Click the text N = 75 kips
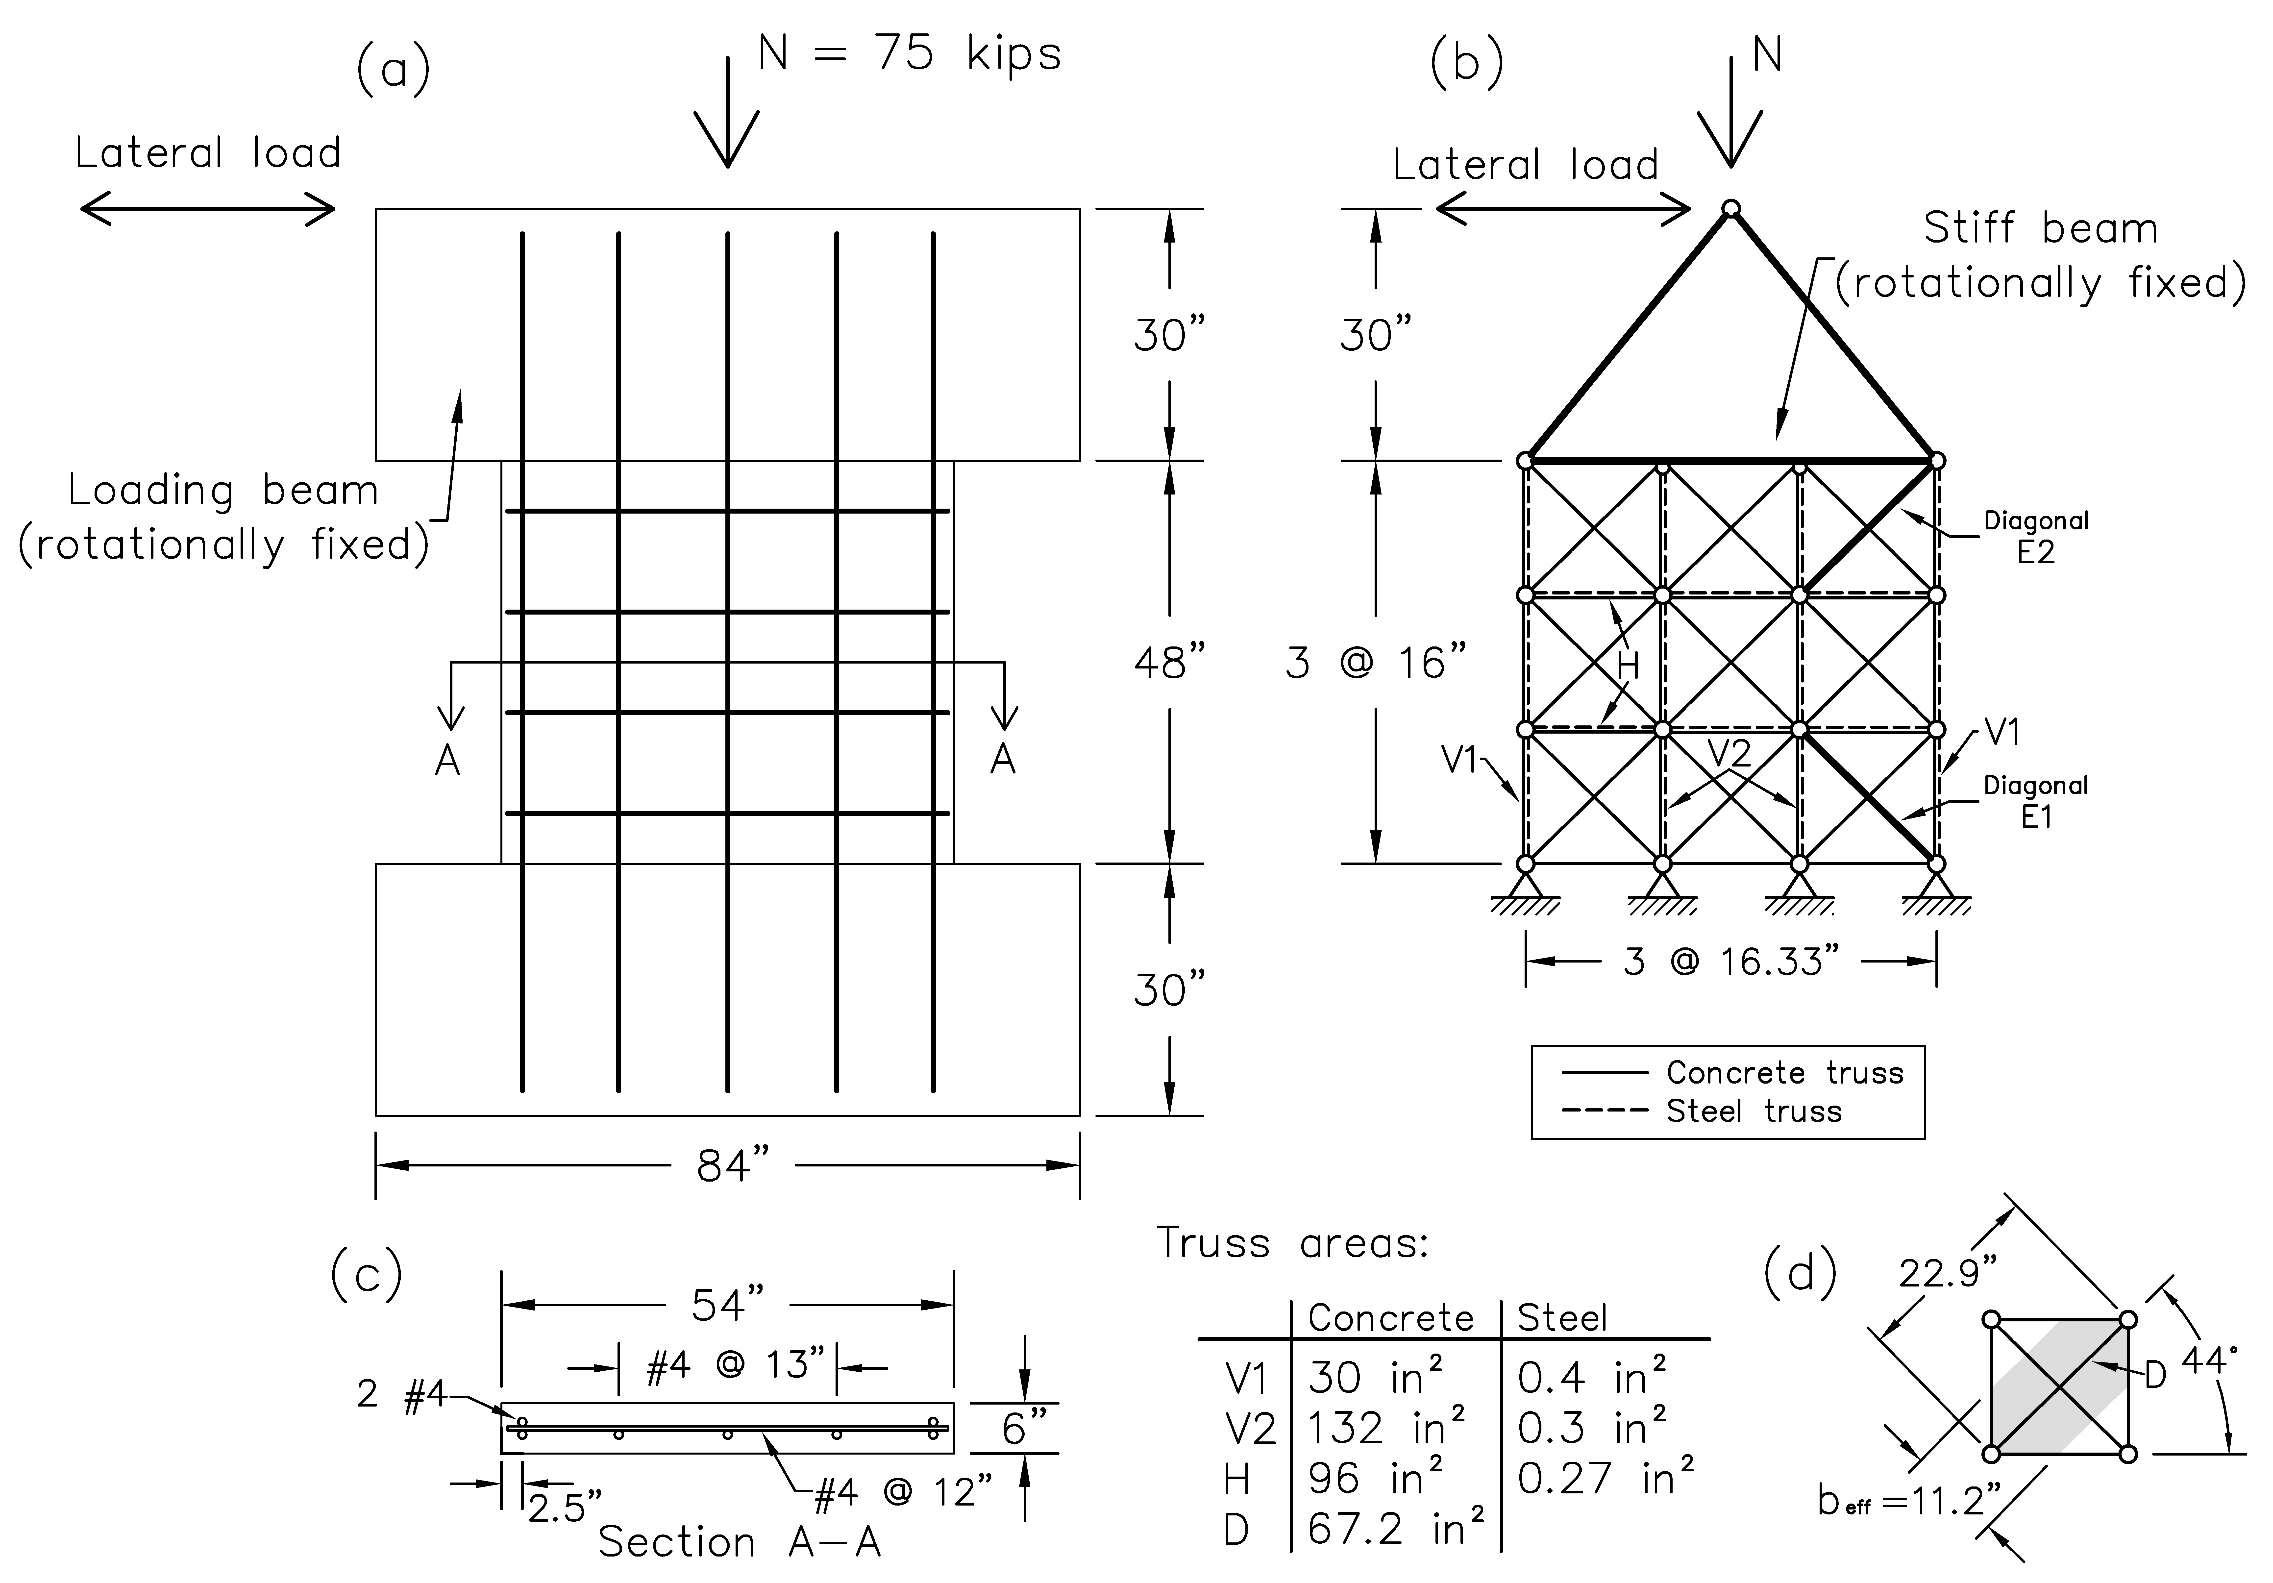(909, 53)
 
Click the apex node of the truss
(1730, 208)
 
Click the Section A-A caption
(740, 1541)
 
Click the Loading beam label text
(224, 490)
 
